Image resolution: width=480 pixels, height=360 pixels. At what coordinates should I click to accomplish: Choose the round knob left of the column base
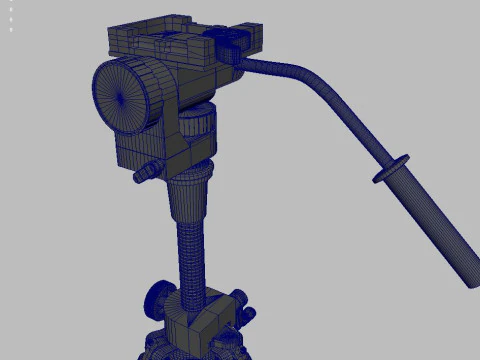click(x=157, y=297)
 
